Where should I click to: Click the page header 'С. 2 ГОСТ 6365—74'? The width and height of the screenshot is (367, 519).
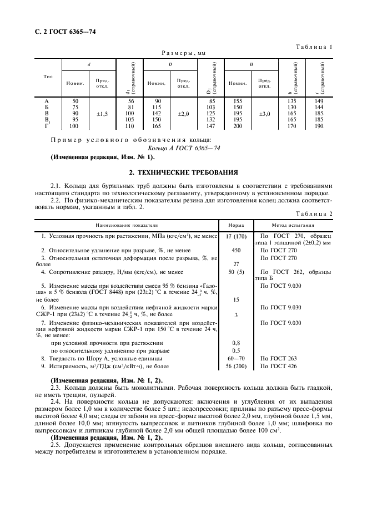tap(63, 32)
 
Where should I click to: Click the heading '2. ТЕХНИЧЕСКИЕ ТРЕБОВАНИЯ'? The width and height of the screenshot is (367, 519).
tap(183, 172)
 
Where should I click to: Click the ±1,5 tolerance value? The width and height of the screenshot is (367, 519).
tap(102, 114)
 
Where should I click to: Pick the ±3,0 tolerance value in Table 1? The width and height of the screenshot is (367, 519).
tap(265, 114)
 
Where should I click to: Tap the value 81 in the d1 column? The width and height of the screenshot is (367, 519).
tap(131, 107)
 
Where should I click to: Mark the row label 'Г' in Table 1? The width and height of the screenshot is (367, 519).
tap(46, 126)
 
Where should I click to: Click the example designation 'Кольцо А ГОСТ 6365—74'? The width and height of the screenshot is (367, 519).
tap(184, 149)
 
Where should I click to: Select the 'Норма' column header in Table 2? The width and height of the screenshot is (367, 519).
tap(235, 226)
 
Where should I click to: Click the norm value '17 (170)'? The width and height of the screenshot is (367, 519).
tap(236, 236)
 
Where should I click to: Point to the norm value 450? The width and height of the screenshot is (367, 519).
tap(236, 250)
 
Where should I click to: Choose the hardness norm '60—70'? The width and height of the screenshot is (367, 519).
tap(236, 359)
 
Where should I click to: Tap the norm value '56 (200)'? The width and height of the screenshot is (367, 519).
tap(236, 366)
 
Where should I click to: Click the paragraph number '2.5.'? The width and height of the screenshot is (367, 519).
tap(57, 445)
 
